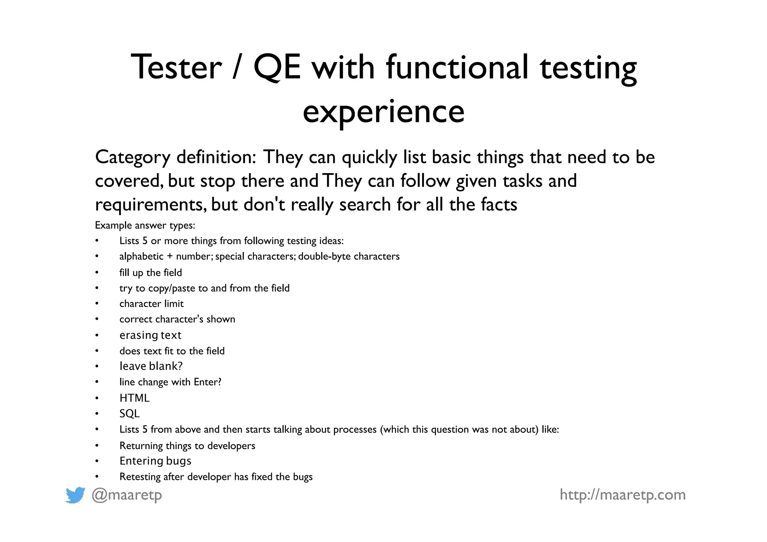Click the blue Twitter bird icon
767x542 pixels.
tap(75, 495)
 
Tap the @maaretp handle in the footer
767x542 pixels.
tap(127, 495)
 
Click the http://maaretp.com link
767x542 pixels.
tap(622, 495)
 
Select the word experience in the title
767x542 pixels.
tap(383, 112)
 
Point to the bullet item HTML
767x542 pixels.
tap(134, 398)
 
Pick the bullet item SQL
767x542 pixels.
tap(130, 414)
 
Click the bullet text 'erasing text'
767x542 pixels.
tap(150, 335)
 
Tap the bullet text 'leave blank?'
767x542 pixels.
tap(151, 366)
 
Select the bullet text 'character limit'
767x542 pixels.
tap(151, 303)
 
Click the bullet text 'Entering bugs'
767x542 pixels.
tap(155, 461)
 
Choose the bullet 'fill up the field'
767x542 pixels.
tap(151, 272)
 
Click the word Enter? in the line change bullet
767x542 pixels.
tap(207, 382)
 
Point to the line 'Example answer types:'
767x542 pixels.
tap(145, 225)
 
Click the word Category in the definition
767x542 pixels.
tap(133, 157)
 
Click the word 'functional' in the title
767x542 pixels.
tap(457, 67)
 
